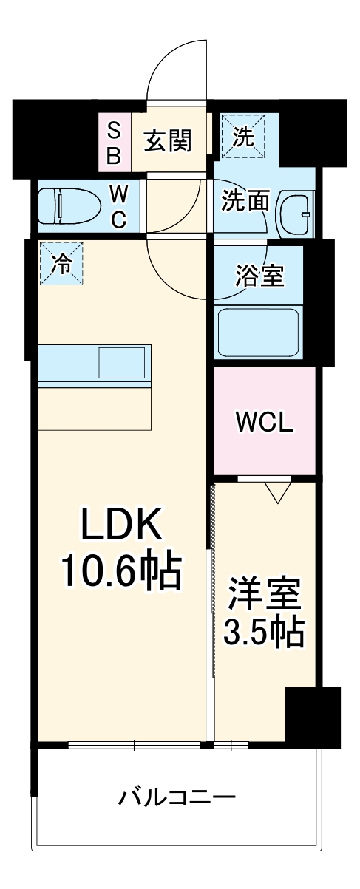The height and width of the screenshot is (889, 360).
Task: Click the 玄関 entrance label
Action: tap(168, 140)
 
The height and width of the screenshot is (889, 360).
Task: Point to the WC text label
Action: tap(118, 206)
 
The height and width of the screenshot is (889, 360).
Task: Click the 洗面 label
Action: tap(245, 202)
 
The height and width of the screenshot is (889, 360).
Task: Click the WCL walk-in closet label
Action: tap(265, 422)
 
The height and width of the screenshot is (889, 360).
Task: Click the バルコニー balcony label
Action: tap(177, 797)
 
